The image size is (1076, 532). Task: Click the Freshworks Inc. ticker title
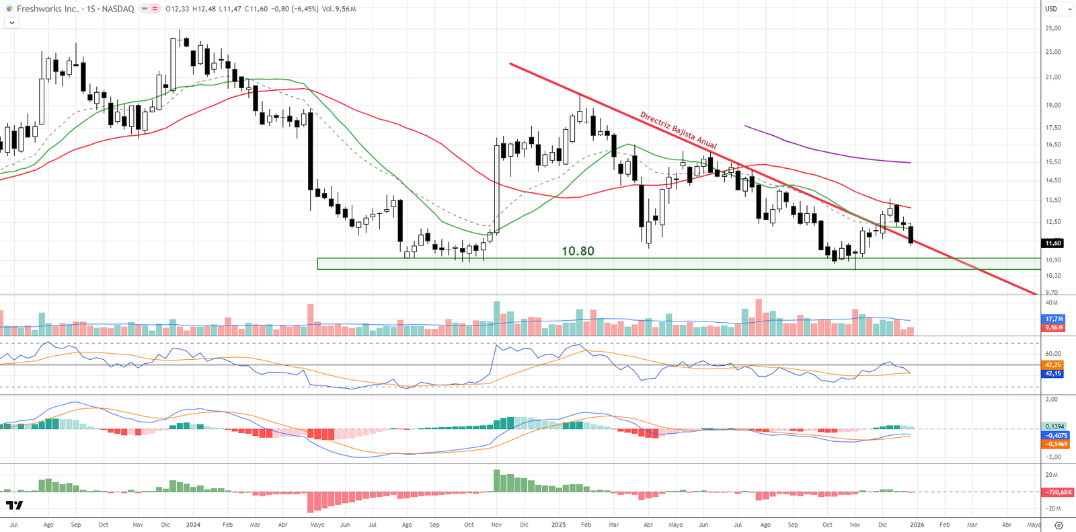point(47,9)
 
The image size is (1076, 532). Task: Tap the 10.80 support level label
point(578,251)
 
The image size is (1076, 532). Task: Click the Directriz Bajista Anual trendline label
point(678,130)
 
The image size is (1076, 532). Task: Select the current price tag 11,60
point(1053,243)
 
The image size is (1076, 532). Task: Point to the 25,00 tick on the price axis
point(1053,28)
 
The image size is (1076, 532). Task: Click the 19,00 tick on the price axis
point(1053,105)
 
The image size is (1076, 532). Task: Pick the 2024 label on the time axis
point(193,525)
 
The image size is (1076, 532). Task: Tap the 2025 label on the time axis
point(558,525)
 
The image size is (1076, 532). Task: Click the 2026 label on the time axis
point(917,525)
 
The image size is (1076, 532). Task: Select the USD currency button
point(1051,9)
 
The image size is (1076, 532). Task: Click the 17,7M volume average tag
point(1054,319)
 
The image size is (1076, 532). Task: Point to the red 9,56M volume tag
point(1054,328)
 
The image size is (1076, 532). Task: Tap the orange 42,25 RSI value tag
point(1053,365)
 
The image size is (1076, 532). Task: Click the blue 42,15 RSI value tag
point(1053,373)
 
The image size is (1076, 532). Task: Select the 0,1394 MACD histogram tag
point(1054,426)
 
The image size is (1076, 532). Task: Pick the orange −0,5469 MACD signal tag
point(1054,444)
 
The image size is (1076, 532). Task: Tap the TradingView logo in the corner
point(14,505)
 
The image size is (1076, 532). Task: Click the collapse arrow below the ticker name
point(11,22)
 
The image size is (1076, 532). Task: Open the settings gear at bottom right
point(1059,525)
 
